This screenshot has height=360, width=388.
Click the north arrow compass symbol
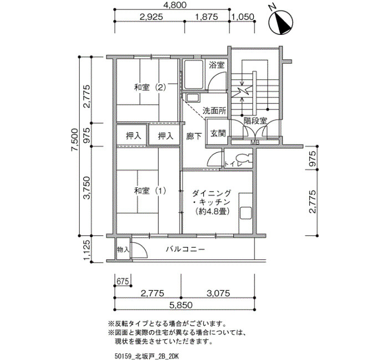[x=281, y=22]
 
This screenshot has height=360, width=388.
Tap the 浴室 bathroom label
[x=217, y=65]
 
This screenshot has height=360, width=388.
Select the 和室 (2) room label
[x=150, y=88]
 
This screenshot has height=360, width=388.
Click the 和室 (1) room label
[x=150, y=191]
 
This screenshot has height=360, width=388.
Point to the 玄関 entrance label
[x=218, y=133]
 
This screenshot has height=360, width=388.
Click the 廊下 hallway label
[x=194, y=136]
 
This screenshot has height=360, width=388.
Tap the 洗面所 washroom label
[x=215, y=111]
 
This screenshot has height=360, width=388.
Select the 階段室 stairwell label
[x=256, y=121]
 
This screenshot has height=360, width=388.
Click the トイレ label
[x=233, y=164]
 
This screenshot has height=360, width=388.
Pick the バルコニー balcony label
[x=185, y=249]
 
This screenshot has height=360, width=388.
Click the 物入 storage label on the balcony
[x=123, y=249]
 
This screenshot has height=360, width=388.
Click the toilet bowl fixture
[x=243, y=158]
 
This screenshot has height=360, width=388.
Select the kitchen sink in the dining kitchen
[x=246, y=213]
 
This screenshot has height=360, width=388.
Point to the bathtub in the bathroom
[x=194, y=74]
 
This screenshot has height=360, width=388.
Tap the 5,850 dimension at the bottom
[x=181, y=305]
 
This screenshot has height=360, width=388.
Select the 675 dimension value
[x=122, y=281]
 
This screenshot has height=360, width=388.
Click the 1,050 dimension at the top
[x=243, y=17]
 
